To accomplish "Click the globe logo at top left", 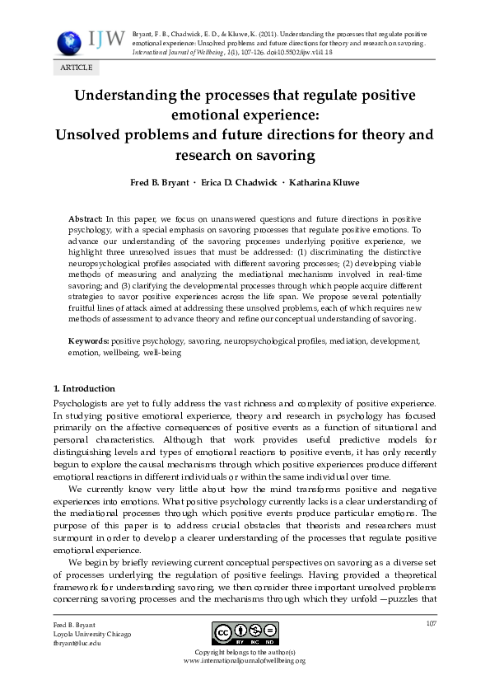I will point(67,42).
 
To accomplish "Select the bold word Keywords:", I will point(89,340).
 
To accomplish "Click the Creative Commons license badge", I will point(244,634).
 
